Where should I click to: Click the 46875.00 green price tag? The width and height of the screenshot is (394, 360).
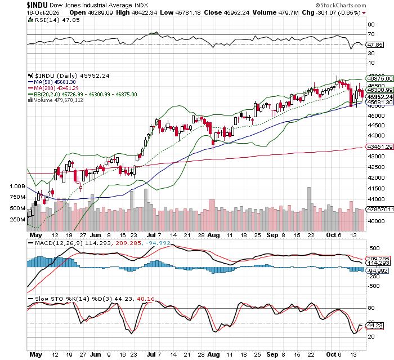pyautogui.click(x=378, y=79)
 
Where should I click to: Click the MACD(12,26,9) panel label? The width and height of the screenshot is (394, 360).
pyautogui.click(x=53, y=243)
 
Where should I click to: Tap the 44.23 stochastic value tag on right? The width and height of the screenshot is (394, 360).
pyautogui.click(x=375, y=326)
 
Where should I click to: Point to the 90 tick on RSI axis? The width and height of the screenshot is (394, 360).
pyautogui.click(x=371, y=25)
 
